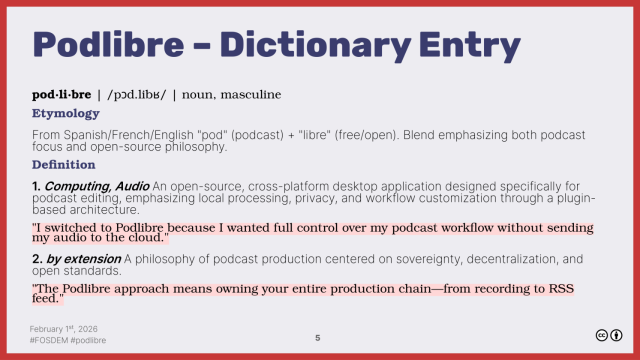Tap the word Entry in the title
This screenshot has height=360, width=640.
tap(470, 45)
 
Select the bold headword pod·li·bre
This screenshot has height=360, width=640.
tap(61, 95)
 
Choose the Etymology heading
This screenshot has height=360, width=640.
tap(65, 113)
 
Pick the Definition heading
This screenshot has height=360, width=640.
tap(63, 164)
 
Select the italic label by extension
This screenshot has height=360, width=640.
tap(86, 259)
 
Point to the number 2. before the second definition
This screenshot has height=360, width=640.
tap(37, 259)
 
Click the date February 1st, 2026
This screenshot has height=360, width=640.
tap(67, 328)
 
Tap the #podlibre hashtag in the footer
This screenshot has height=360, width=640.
tap(91, 340)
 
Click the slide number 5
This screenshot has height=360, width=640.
tap(318, 338)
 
